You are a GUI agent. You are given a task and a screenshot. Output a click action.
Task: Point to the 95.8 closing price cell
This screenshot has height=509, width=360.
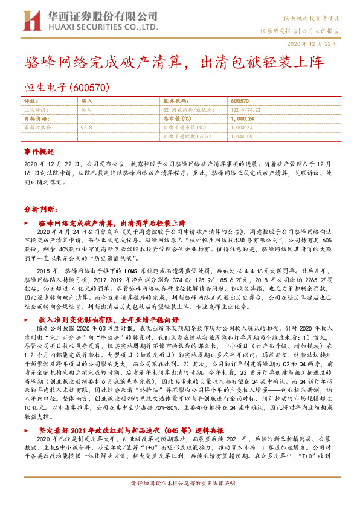click(x=86, y=128)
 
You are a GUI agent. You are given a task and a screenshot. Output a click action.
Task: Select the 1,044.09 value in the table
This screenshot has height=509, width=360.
click(x=240, y=137)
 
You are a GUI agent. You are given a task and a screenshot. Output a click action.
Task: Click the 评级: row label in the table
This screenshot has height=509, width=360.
click(x=30, y=100)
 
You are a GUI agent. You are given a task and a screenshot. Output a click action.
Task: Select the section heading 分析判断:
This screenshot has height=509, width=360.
click(x=41, y=208)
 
